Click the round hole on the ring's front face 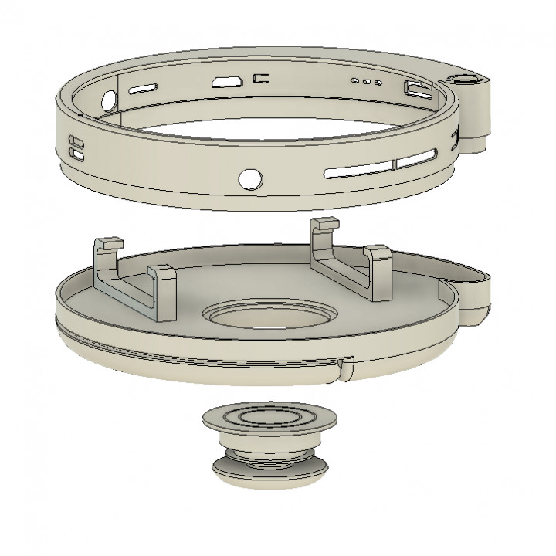249,178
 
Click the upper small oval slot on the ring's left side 76,142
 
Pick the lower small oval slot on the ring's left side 77,154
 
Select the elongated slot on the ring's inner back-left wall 144,90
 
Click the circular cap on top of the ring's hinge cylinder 466,80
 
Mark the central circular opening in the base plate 270,317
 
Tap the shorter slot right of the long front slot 419,160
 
